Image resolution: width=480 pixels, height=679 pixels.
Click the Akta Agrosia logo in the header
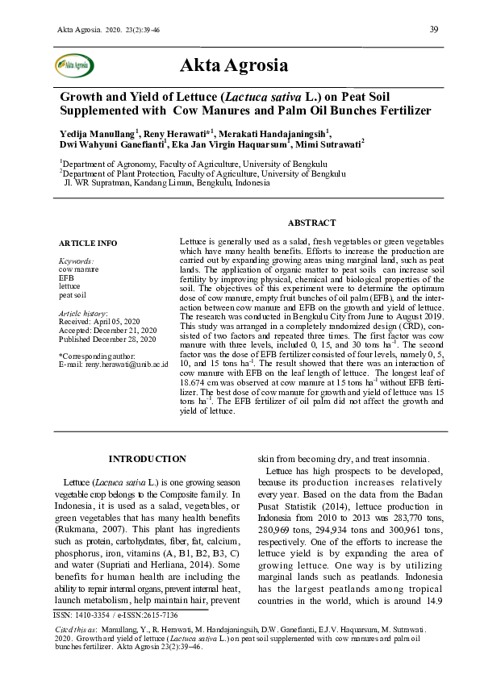(72, 65)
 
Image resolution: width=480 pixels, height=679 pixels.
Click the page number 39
(433, 30)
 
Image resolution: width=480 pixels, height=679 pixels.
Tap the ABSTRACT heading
(311, 223)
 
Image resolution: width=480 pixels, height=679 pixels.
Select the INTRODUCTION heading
(147, 459)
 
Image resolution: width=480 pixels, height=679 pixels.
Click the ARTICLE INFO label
(88, 243)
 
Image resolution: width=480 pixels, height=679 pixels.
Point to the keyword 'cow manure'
(79, 269)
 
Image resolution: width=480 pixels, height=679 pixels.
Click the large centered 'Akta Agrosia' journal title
(234, 65)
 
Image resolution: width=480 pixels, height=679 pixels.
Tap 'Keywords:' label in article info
(77, 261)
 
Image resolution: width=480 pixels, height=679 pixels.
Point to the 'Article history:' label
(84, 312)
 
